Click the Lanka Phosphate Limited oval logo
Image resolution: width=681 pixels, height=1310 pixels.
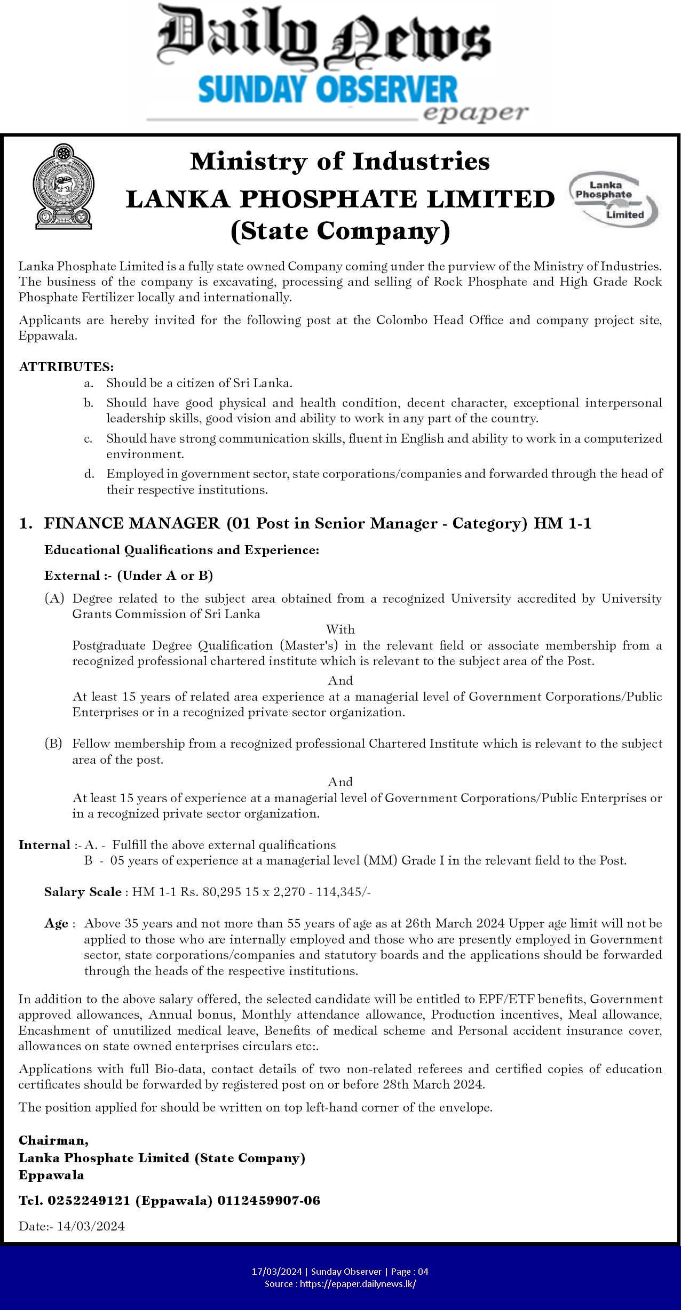[x=614, y=198]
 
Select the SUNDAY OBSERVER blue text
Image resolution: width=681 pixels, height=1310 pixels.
[x=328, y=90]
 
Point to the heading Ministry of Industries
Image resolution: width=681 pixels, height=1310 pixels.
[x=340, y=161]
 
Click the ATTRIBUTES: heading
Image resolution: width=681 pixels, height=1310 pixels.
[x=66, y=366]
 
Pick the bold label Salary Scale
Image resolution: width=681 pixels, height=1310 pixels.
[x=83, y=892]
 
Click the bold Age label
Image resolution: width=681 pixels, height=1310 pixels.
[x=56, y=923]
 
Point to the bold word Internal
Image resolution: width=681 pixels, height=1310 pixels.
[x=44, y=845]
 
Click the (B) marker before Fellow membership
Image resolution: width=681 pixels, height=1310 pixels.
[x=53, y=744]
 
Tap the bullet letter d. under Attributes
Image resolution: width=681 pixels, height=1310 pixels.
[x=89, y=474]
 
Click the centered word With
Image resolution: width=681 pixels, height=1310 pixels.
[x=340, y=629]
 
